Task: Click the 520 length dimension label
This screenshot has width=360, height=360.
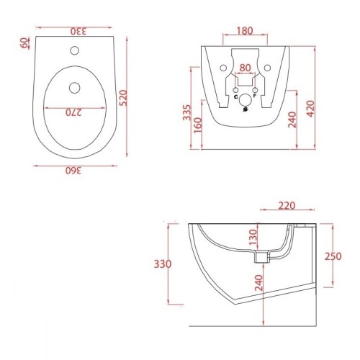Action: click(x=123, y=98)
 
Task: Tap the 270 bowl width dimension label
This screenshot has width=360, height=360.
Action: click(x=74, y=112)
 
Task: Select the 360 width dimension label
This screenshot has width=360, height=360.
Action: click(x=73, y=171)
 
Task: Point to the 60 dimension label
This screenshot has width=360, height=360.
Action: click(x=24, y=43)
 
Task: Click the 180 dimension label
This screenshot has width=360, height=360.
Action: click(x=245, y=31)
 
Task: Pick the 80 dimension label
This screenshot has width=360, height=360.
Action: click(x=245, y=68)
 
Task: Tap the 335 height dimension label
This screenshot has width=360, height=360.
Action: click(x=186, y=112)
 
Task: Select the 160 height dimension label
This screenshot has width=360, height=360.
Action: click(x=198, y=125)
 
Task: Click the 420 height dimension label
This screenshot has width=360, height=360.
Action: click(x=310, y=109)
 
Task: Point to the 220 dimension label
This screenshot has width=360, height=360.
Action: click(x=287, y=206)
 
